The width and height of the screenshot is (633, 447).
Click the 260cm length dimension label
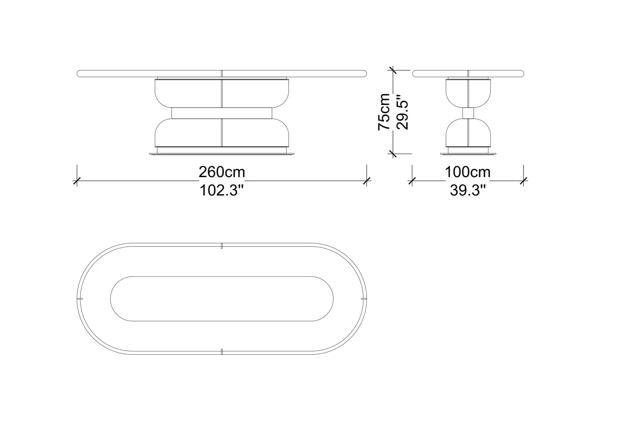[x=222, y=172]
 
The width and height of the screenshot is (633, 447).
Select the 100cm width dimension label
[x=468, y=172]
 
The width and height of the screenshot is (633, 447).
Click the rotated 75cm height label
[x=384, y=112]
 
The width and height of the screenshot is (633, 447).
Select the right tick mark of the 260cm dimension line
[x=367, y=181]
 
